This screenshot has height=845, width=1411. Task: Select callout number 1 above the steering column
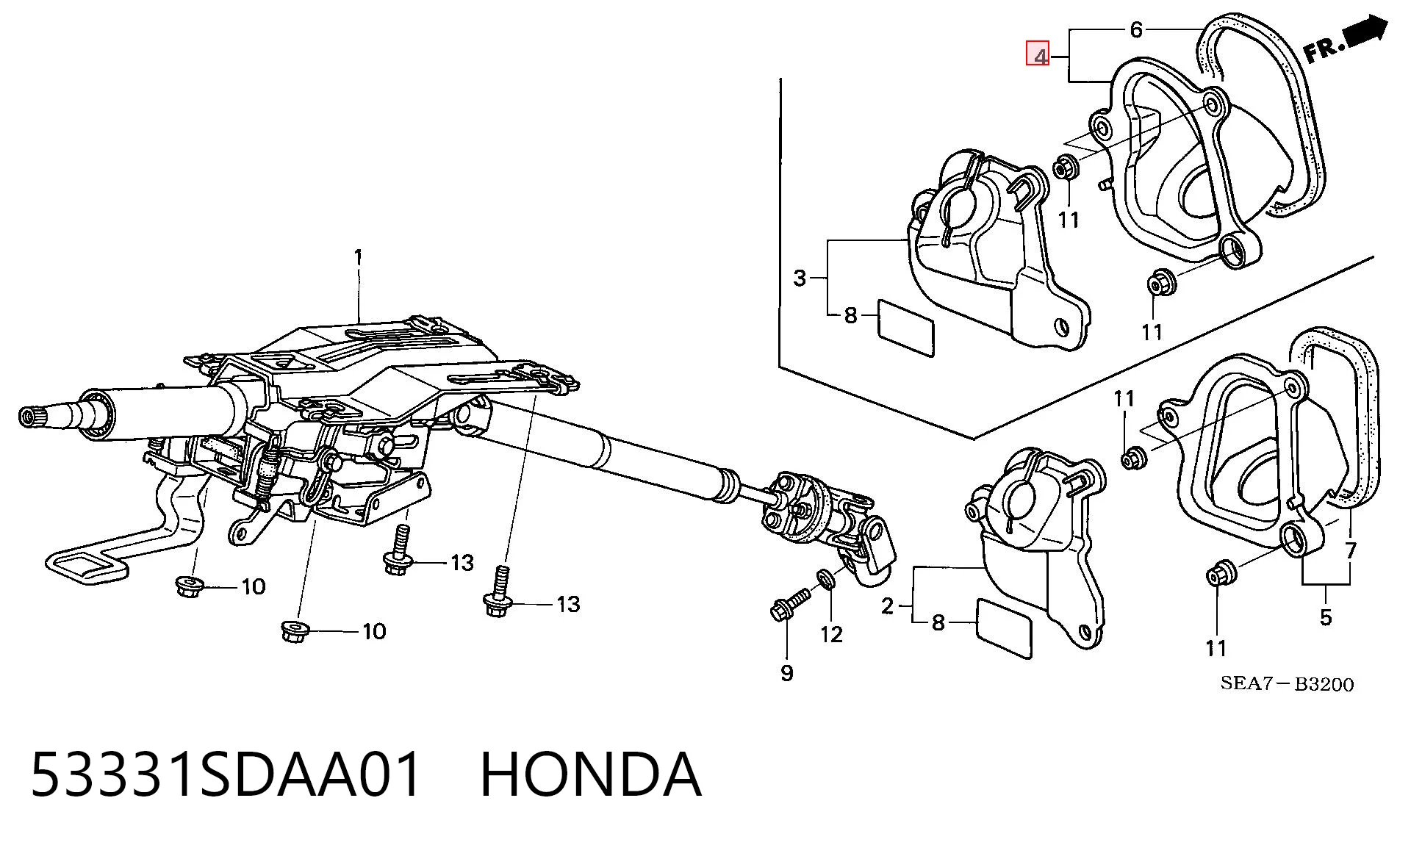pos(359,258)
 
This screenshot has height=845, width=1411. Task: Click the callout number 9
pos(787,673)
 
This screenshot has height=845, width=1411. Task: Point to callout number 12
pos(831,634)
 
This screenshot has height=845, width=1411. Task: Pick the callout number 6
pos(1136,30)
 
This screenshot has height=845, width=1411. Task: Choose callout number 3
pos(800,278)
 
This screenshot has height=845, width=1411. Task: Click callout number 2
pos(888,607)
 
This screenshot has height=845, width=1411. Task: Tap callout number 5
pos(1326,617)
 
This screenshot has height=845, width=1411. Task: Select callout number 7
pos(1351,550)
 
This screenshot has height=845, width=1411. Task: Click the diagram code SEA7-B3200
pos(1287,684)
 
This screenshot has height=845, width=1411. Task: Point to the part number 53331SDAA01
pos(227,774)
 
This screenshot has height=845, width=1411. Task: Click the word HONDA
pos(591,774)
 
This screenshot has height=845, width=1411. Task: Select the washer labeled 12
pos(825,578)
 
